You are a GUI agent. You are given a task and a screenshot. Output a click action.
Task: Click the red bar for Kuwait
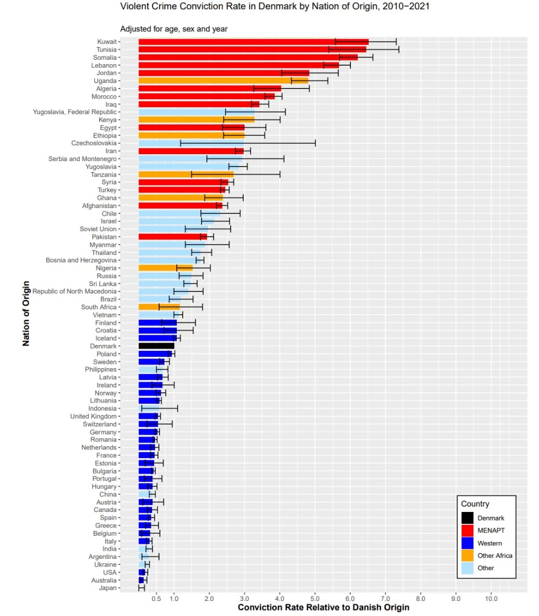pyautogui.click(x=253, y=41)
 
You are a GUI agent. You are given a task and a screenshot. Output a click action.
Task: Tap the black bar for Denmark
pyautogui.click(x=156, y=346)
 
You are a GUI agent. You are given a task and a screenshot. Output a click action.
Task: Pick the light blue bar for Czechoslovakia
pyautogui.click(x=160, y=143)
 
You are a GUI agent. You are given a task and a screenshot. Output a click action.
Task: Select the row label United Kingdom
pyautogui.click(x=93, y=417)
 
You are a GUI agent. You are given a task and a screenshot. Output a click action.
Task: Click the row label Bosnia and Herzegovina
pyautogui.click(x=81, y=260)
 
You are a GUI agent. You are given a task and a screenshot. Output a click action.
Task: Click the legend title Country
pyautogui.click(x=475, y=504)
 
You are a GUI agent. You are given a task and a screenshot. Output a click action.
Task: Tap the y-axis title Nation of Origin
pyautogui.click(x=26, y=313)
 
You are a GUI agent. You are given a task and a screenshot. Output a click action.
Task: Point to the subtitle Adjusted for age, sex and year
pyautogui.click(x=173, y=29)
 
